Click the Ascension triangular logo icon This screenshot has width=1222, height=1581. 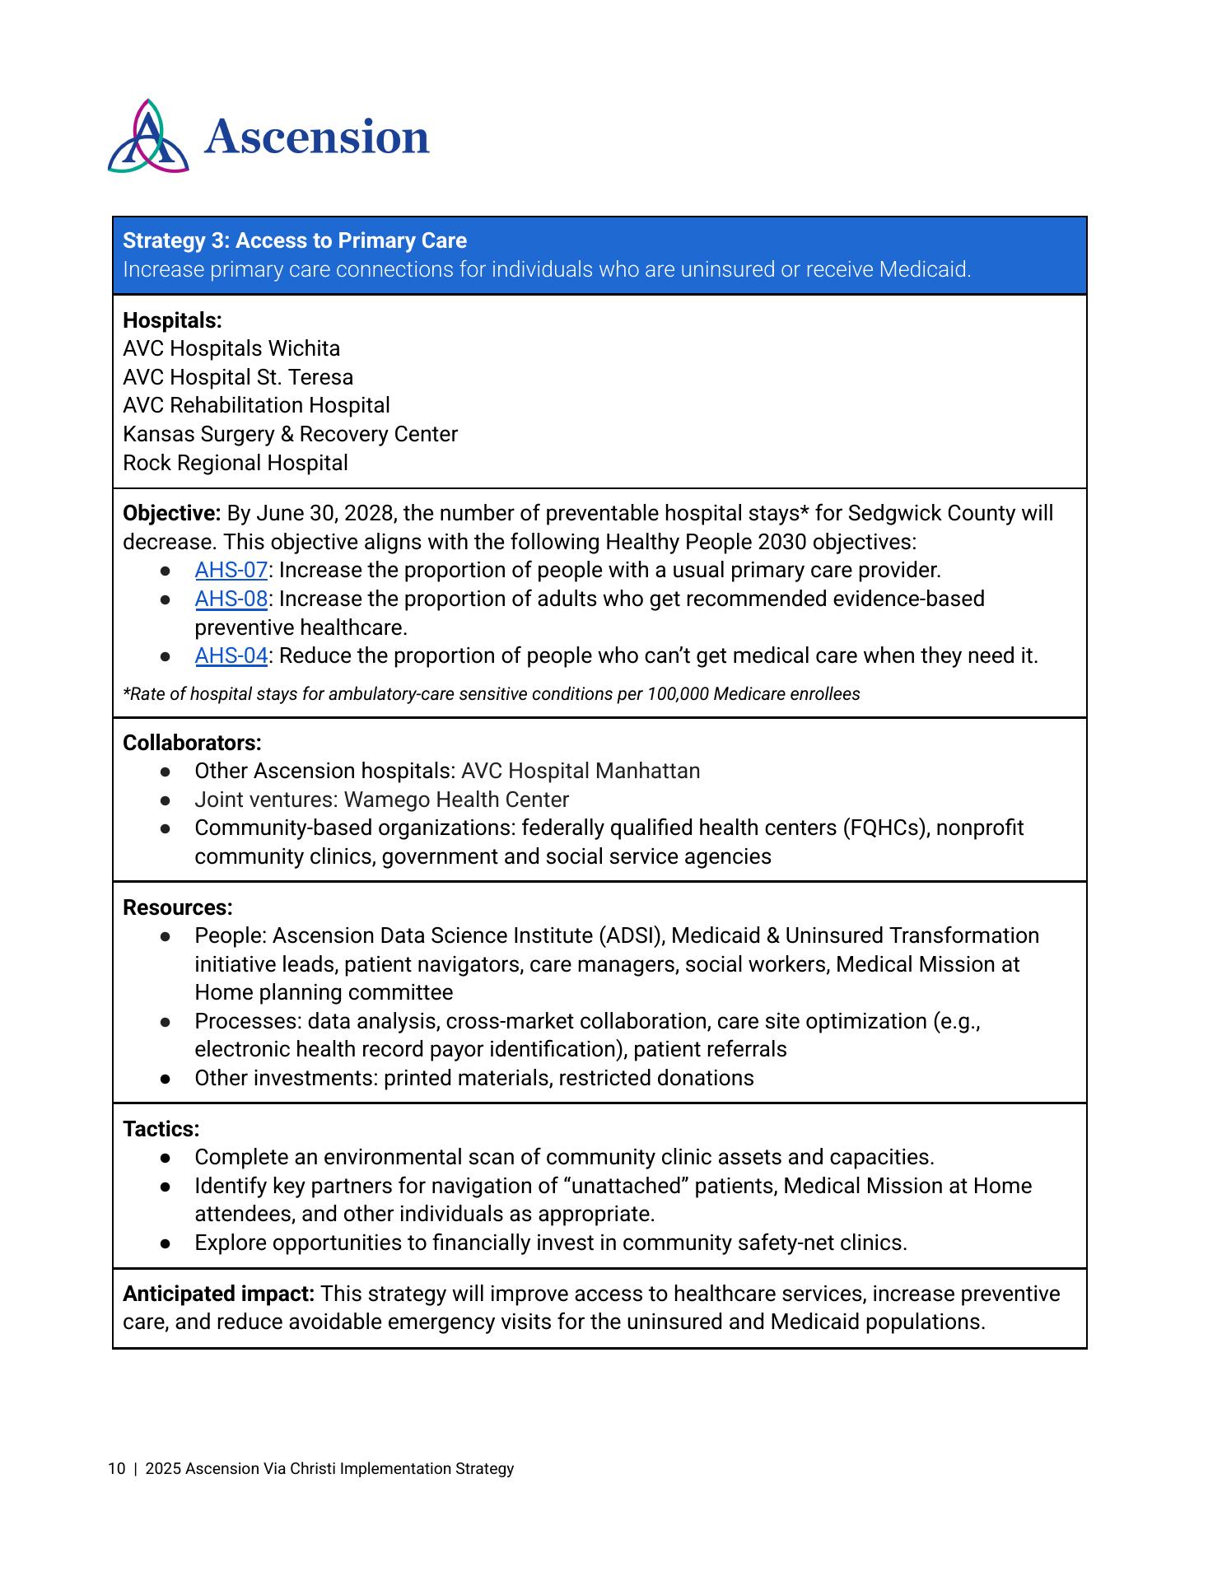(148, 138)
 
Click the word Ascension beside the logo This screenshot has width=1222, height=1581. (317, 137)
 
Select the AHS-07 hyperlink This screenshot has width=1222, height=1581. (231, 570)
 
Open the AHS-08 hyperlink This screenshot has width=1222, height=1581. (231, 599)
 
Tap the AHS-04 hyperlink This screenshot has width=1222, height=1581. (231, 655)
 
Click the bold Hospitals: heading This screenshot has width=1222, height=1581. (172, 320)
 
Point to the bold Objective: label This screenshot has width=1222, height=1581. (171, 513)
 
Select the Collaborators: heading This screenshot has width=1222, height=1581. (192, 743)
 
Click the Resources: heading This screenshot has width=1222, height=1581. (178, 907)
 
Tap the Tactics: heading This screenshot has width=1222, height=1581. (161, 1129)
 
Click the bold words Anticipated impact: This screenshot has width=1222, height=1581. (218, 1294)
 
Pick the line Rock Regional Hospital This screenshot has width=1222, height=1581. (236, 463)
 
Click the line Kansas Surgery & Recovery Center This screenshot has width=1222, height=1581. (290, 434)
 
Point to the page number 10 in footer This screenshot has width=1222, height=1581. (116, 1468)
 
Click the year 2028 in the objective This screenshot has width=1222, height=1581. (370, 513)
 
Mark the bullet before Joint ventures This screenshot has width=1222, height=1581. (166, 800)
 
